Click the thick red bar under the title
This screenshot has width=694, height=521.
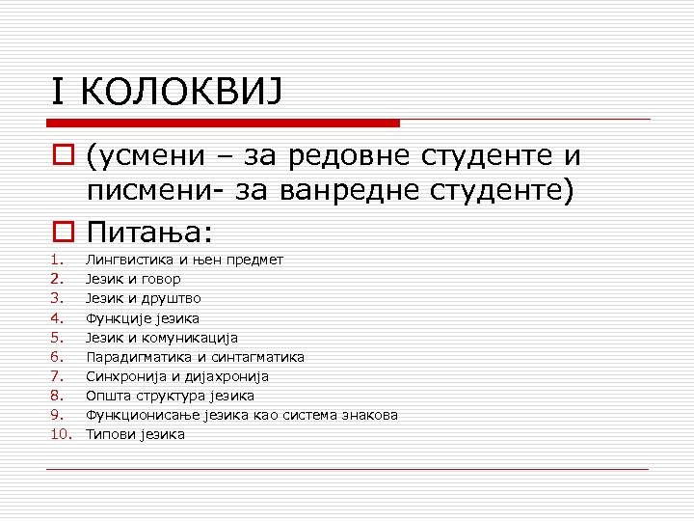click(x=223, y=123)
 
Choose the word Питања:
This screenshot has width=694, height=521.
click(x=149, y=233)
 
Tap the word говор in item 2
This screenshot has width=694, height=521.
click(x=161, y=279)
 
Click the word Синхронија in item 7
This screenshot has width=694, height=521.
click(x=120, y=376)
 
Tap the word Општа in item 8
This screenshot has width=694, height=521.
click(x=105, y=396)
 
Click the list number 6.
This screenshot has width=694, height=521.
click(x=57, y=357)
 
